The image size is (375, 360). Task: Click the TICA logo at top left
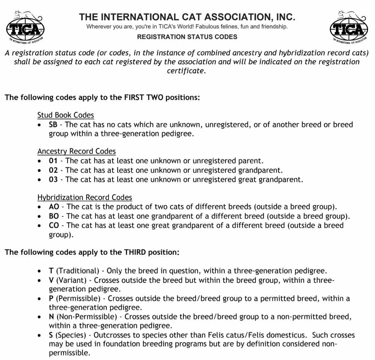pos(26,27)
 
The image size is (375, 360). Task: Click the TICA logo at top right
pos(349,27)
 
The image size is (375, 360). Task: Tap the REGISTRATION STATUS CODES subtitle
pos(187,37)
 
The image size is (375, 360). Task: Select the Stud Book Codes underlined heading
pos(65,115)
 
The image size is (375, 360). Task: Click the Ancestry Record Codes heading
pos(76,152)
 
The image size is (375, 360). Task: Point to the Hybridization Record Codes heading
pos(84,198)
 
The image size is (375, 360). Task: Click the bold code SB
pos(53,125)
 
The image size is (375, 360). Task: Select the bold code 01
pos(53,161)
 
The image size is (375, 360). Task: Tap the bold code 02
pos(53,171)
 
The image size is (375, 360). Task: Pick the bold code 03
pos(53,180)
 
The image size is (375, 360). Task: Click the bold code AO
pos(54,207)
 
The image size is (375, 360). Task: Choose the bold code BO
pos(54,216)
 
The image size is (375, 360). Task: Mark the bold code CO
pos(54,225)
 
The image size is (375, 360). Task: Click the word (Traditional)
pos(78,271)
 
